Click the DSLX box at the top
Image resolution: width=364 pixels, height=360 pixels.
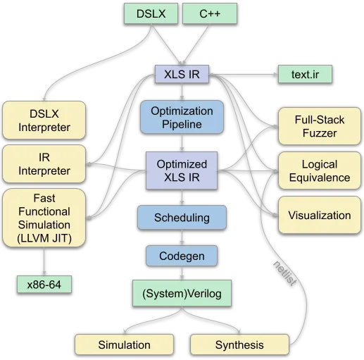coord(151,13)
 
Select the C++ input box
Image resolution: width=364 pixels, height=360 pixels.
coord(210,13)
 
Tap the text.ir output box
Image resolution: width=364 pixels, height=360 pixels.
coord(305,74)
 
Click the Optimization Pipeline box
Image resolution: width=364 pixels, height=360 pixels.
coord(182,117)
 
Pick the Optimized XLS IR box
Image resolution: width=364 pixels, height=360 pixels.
coord(182,170)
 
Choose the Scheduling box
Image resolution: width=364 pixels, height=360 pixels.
coord(182,218)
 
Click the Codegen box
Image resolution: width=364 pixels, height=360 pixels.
coord(182,256)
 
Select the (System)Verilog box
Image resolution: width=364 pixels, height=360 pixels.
coord(182,293)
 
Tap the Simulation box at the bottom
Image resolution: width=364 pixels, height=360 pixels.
coord(125,345)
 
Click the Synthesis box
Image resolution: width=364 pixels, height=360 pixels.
coord(239,345)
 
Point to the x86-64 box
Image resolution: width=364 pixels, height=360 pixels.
coord(44,285)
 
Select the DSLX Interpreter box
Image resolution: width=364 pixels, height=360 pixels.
coord(44,120)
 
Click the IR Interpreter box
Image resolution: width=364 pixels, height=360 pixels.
coord(44,164)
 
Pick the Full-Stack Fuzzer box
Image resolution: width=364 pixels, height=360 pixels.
coord(320,126)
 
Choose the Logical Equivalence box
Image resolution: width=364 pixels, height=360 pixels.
coord(320,170)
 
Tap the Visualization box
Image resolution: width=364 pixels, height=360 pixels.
coord(320,215)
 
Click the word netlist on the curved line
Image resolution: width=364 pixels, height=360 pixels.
coord(285,273)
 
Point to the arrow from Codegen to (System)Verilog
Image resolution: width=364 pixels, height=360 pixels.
coord(182,273)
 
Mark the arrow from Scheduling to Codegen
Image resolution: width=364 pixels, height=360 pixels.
coord(182,237)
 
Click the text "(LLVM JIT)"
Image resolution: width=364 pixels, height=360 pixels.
coord(44,238)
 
